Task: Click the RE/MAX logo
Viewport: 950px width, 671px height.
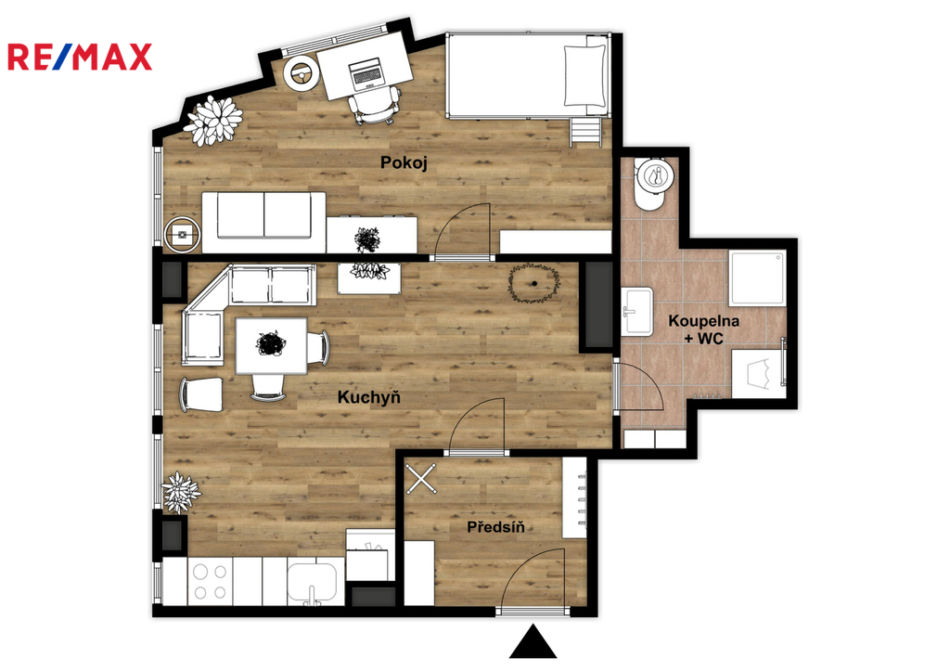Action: point(80,58)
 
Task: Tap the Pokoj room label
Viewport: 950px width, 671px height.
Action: point(404,163)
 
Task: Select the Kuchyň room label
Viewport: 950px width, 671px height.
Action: point(369,397)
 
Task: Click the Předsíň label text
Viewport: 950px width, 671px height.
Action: point(495,527)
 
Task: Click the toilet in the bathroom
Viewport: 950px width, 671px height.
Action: point(652,183)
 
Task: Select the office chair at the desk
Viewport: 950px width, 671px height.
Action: point(375,106)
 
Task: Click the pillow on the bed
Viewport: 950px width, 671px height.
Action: point(584,76)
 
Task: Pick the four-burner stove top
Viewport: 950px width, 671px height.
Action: point(211,581)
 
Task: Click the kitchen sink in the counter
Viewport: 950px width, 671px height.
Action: point(313,584)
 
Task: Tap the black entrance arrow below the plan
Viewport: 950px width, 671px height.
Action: point(533,641)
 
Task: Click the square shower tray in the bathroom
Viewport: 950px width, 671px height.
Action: point(757,278)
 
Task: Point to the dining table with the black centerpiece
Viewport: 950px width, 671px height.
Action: point(271,345)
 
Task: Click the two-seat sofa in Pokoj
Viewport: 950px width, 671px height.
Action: point(263,222)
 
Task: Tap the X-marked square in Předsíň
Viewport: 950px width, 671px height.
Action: point(420,478)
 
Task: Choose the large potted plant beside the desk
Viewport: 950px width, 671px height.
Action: point(213,120)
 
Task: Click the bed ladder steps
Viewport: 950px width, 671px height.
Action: point(585,131)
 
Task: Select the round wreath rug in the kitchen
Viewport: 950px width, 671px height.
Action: point(533,283)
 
